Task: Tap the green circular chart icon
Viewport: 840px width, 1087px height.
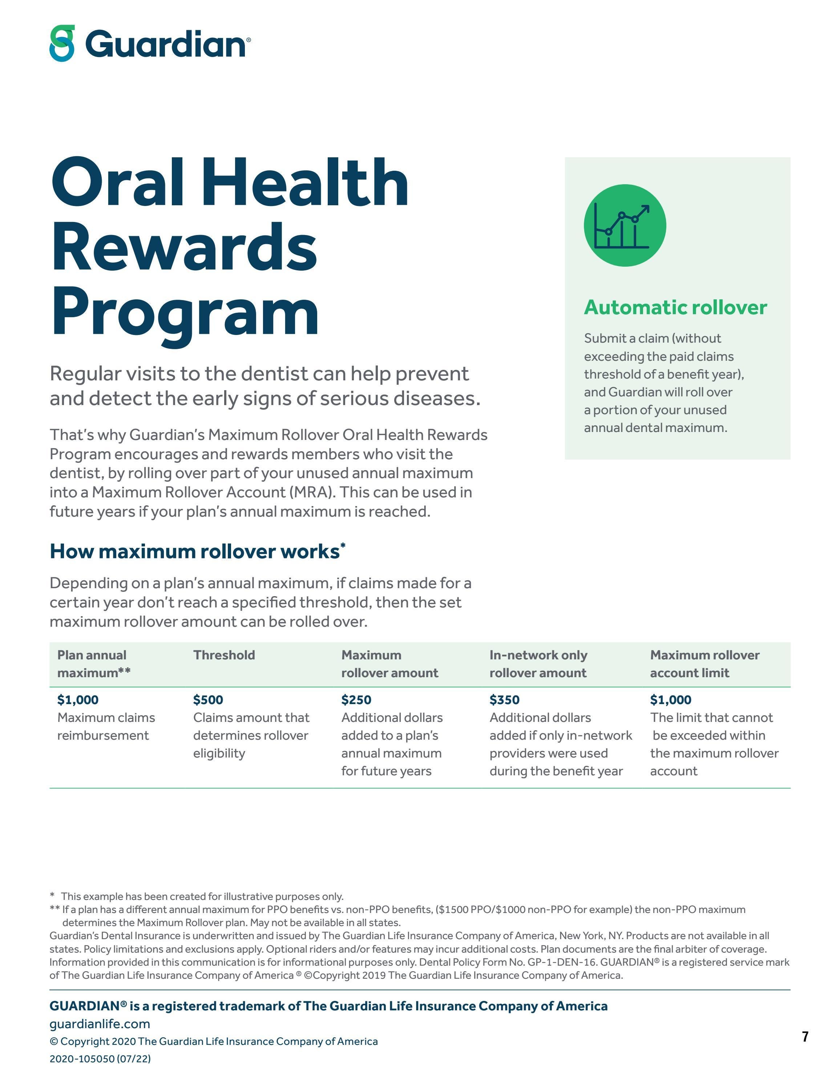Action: pos(625,226)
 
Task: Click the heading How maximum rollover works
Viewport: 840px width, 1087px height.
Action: pos(195,551)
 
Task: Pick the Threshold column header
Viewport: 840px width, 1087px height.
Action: pos(224,655)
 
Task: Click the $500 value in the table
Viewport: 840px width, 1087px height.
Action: pos(208,700)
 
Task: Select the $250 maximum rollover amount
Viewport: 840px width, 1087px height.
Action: pos(356,700)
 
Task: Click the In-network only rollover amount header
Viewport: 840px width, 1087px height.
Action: pos(538,664)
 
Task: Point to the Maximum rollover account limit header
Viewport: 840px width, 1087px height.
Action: pos(704,664)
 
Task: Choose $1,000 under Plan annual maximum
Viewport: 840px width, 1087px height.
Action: pos(78,700)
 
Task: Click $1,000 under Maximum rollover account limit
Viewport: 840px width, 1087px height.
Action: pos(670,700)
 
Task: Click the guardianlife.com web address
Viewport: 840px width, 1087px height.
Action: pos(100,1024)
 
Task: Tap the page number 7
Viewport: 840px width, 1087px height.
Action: pos(805,1037)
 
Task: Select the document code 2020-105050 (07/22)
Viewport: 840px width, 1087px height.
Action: pos(100,1059)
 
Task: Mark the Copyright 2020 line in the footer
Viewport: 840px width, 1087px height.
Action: pos(214,1041)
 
